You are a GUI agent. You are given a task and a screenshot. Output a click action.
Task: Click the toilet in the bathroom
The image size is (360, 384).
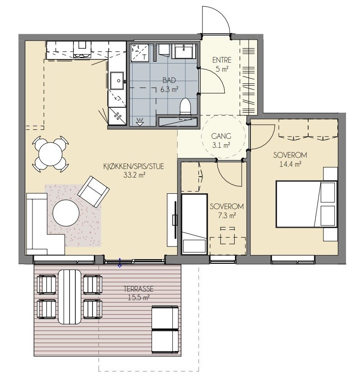pyautogui.click(x=185, y=106)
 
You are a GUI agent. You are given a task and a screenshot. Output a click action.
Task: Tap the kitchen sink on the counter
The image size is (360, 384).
pyautogui.click(x=117, y=81)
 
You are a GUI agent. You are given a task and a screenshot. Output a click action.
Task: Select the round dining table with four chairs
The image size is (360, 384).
pyautogui.click(x=51, y=154)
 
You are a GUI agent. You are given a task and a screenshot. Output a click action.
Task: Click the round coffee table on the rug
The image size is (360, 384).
pyautogui.click(x=66, y=213)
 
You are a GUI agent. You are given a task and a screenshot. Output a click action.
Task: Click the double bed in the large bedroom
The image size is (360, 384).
pyautogui.click(x=307, y=204)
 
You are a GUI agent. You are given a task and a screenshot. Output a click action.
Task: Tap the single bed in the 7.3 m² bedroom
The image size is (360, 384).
pyautogui.click(x=194, y=224)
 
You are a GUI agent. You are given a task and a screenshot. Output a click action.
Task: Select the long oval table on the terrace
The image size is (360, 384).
pyautogui.click(x=69, y=297)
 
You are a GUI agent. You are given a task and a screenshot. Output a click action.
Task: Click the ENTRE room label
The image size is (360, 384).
pyautogui.click(x=222, y=60)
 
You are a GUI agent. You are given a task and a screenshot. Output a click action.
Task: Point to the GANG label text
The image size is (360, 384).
pyautogui.click(x=221, y=136)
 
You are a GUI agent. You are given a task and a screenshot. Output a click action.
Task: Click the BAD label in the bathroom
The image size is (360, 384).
pyautogui.click(x=169, y=80)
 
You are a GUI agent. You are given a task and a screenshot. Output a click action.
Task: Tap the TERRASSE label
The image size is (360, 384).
pyautogui.click(x=138, y=289)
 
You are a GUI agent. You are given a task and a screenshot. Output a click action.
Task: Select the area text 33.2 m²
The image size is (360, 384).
pyautogui.click(x=134, y=175)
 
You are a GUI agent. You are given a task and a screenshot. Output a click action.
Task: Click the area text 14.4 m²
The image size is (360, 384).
pyautogui.click(x=291, y=164)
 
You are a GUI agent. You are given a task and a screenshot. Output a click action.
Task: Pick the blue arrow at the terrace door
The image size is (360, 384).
pyautogui.click(x=120, y=263)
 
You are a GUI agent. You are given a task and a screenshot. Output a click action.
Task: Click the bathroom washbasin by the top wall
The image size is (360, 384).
pyautogui.click(x=184, y=51)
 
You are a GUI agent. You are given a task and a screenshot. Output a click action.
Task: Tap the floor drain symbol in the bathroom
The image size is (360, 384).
pyautogui.click(x=140, y=122)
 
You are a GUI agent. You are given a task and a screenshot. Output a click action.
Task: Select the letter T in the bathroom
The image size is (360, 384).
pyautogui.click(x=145, y=57)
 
